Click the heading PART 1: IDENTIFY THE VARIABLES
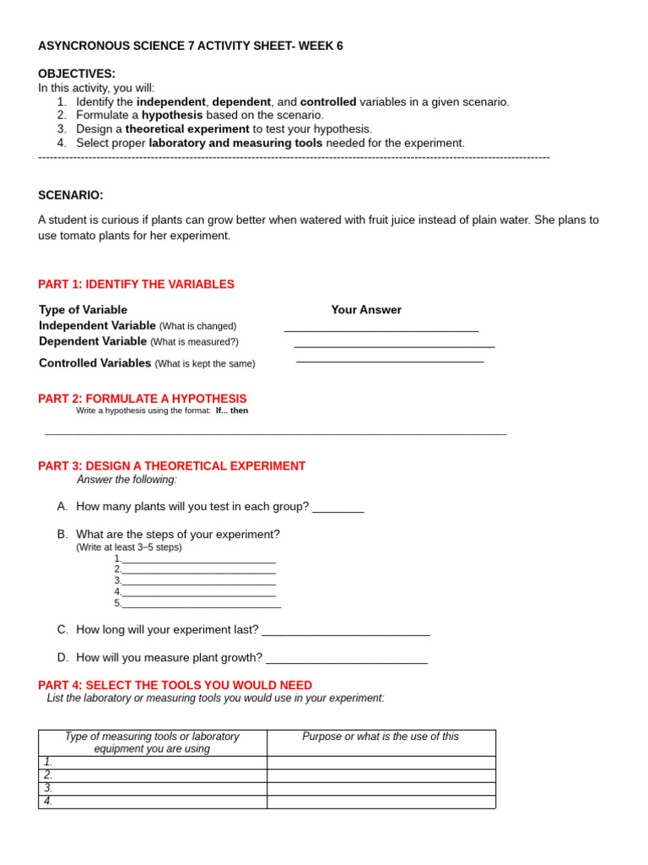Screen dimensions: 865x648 pos(137,285)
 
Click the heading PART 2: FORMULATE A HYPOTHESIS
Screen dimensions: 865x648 pos(143,399)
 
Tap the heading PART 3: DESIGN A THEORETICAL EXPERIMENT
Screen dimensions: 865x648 pos(172,466)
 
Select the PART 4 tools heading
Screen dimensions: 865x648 pos(175,685)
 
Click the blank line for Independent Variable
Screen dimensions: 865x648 pos(381,329)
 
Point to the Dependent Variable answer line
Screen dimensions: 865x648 pos(394,345)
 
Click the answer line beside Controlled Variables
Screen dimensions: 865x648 pos(390,361)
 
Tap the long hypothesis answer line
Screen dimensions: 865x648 pos(275,433)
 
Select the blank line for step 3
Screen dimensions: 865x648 pos(199,583)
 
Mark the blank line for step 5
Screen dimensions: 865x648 pos(202,606)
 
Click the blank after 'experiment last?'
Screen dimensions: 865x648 pos(346,633)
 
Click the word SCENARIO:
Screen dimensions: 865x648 pos(71,195)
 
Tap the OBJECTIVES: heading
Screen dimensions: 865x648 pos(77,73)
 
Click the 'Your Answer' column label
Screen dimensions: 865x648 pos(366,310)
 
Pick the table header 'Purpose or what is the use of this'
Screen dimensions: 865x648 pos(381,737)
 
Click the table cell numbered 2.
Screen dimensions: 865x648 pos(153,775)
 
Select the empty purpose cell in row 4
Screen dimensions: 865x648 pos(381,802)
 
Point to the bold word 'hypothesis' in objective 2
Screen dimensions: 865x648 pos(172,115)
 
